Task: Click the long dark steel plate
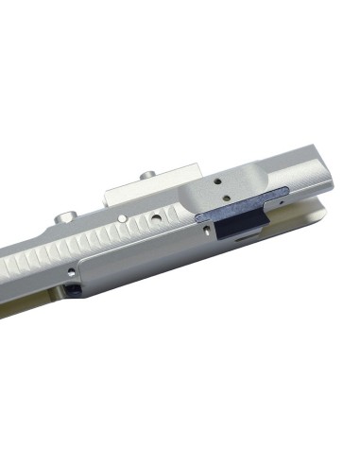coord(241,205)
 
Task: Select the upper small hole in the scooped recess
coord(221,176)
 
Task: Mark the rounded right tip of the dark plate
coord(286,193)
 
